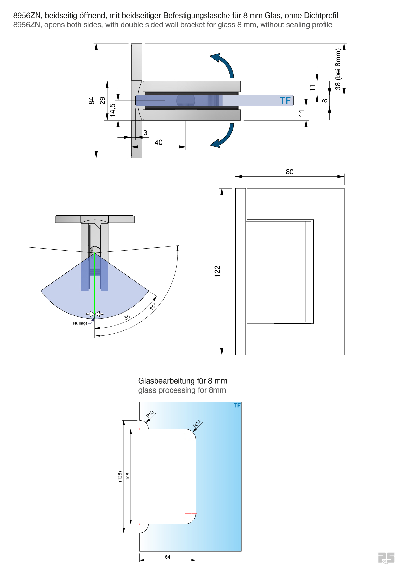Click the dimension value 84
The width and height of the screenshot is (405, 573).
pos(92,101)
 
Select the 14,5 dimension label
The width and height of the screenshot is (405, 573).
pos(113,110)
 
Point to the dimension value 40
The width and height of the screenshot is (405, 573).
pos(158,142)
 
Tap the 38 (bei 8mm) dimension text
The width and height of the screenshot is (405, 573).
pos(338,69)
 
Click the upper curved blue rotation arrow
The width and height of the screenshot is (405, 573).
pos(224,64)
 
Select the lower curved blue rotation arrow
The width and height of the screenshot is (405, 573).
pos(224,136)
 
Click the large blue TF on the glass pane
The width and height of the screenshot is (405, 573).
pos(285,101)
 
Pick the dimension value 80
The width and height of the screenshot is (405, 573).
pos(290,172)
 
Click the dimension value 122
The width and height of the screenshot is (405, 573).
pos(218,271)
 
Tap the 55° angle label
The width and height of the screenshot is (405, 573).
pos(128,317)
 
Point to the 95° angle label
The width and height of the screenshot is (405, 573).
pos(153,307)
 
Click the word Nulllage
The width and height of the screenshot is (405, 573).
pos(80,323)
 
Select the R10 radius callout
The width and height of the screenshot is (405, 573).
pos(150,414)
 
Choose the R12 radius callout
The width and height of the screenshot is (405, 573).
pos(197,424)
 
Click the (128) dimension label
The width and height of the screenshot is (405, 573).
pos(120,476)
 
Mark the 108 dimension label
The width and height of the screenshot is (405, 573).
pos(128,476)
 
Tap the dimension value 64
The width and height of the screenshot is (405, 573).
pos(167,557)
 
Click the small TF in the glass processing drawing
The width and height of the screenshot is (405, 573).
pos(237,405)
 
